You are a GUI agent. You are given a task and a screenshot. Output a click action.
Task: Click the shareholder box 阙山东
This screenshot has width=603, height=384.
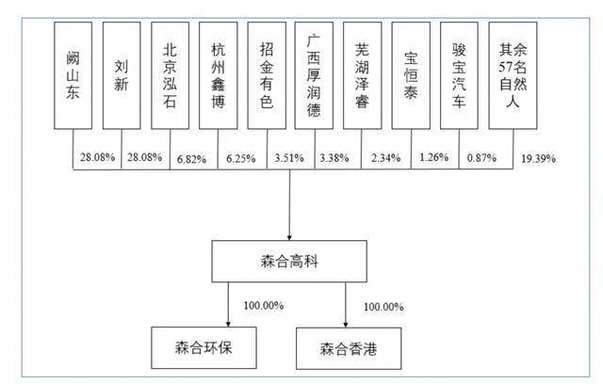click(73, 75)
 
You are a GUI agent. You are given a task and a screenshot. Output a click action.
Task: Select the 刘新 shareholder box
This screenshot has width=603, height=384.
click(122, 75)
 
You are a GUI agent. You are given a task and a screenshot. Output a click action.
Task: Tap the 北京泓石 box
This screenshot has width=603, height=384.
click(170, 75)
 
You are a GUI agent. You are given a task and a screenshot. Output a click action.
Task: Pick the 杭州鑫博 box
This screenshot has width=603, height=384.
click(218, 75)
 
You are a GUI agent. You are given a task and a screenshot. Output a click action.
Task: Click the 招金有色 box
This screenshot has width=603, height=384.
click(267, 75)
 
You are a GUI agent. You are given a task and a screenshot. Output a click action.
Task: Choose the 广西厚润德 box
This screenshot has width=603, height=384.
click(314, 75)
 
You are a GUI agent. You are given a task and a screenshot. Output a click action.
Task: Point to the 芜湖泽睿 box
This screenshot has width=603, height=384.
click(362, 75)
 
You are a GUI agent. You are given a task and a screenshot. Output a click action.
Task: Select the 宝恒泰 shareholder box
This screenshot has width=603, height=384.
click(411, 75)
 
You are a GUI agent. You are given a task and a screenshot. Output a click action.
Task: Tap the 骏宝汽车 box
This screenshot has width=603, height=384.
click(459, 75)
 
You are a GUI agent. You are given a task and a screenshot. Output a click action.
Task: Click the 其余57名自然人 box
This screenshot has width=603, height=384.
click(513, 75)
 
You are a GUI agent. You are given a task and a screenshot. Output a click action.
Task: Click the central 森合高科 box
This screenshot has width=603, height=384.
click(289, 262)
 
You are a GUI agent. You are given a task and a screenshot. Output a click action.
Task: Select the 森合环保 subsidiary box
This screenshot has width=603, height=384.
click(204, 348)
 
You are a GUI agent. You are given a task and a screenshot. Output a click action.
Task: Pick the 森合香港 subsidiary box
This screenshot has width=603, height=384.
click(349, 348)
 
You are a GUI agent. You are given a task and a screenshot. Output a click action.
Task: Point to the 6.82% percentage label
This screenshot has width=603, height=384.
click(191, 159)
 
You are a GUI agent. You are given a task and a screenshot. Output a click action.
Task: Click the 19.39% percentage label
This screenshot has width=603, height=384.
click(538, 158)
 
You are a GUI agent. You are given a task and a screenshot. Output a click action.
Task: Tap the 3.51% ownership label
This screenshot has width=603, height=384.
click(289, 158)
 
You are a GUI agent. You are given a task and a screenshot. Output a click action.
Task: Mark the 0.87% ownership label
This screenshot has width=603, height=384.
click(481, 157)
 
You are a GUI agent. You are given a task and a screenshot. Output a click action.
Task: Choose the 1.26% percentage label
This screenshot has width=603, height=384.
click(433, 157)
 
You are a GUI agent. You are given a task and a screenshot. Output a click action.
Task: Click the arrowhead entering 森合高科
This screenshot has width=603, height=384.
click(289, 237)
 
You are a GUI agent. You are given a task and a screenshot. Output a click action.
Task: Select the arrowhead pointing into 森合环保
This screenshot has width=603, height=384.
click(228, 324)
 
